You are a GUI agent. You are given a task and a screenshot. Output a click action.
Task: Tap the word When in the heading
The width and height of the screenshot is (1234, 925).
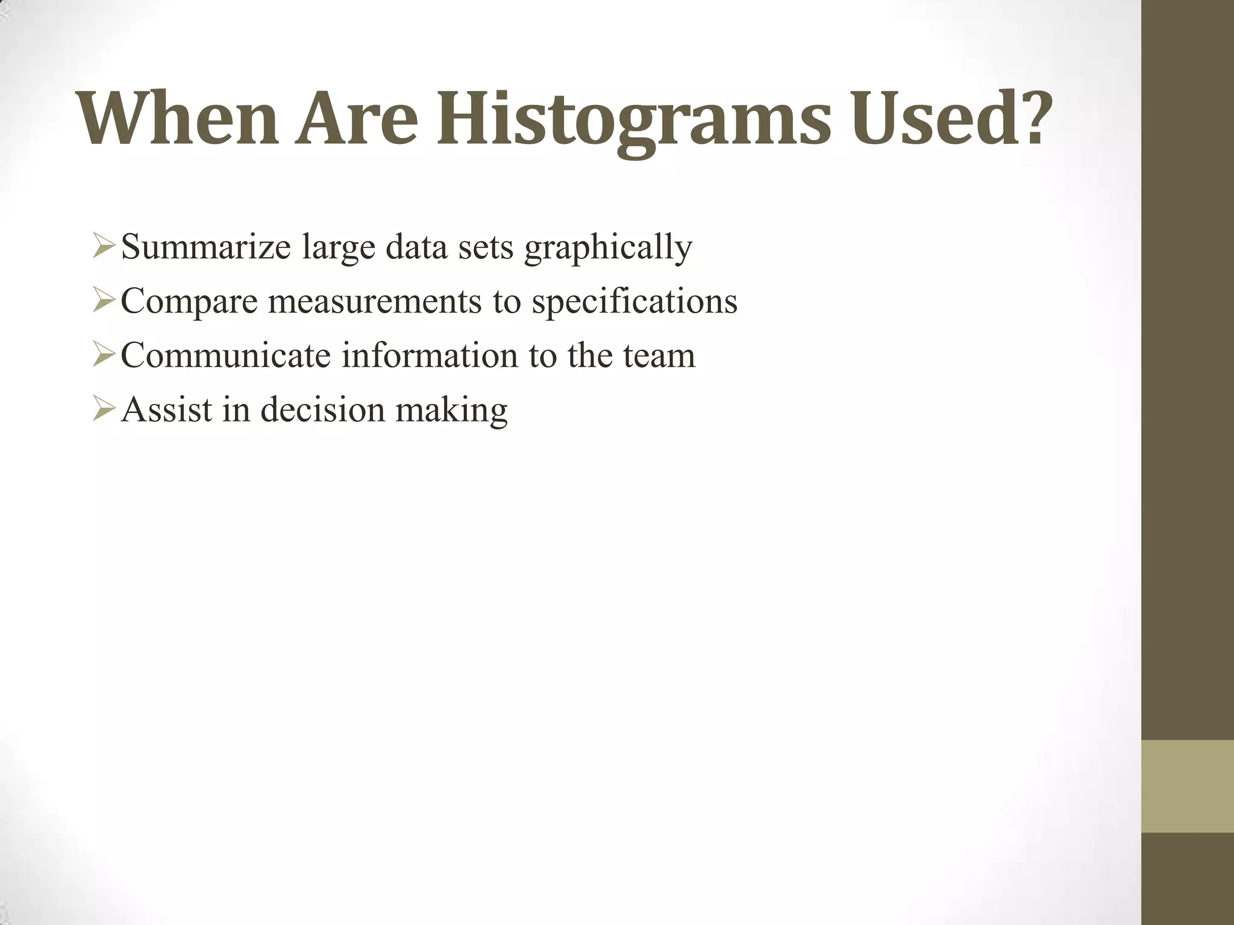tap(178, 119)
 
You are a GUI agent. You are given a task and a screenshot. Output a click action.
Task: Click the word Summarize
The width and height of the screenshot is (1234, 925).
tap(205, 248)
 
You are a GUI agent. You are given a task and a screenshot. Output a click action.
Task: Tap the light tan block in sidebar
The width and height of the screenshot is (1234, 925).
tap(1187, 786)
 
